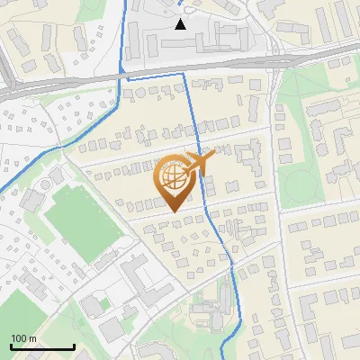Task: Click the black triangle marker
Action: (181, 23)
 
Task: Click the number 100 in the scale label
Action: (18, 338)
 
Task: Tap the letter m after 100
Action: (31, 338)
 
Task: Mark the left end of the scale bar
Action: (10, 347)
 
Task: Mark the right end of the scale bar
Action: (74, 347)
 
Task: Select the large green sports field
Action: (83, 218)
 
